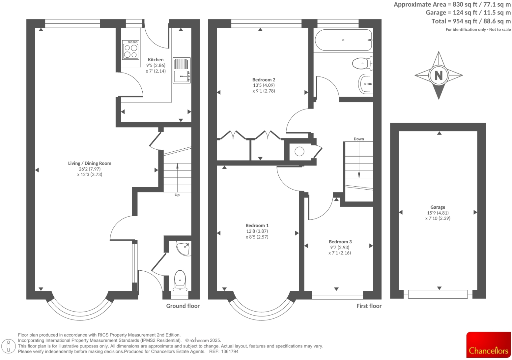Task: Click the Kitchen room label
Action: [156, 60]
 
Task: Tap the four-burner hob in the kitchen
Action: [130, 50]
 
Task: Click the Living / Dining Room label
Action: [90, 163]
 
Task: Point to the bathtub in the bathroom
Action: [343, 40]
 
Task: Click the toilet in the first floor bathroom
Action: [362, 63]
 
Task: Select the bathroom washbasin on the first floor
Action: [366, 84]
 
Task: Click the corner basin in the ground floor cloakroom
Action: [184, 248]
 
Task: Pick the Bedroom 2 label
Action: [264, 80]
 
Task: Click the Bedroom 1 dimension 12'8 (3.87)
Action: [257, 231]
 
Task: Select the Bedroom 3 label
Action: [340, 242]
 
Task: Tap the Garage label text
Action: [438, 207]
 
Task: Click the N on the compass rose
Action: [439, 75]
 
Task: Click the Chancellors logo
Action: [488, 345]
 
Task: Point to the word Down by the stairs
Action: [359, 139]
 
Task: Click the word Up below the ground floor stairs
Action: [177, 195]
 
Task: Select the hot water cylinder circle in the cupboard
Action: [299, 151]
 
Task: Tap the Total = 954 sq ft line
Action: [471, 21]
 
